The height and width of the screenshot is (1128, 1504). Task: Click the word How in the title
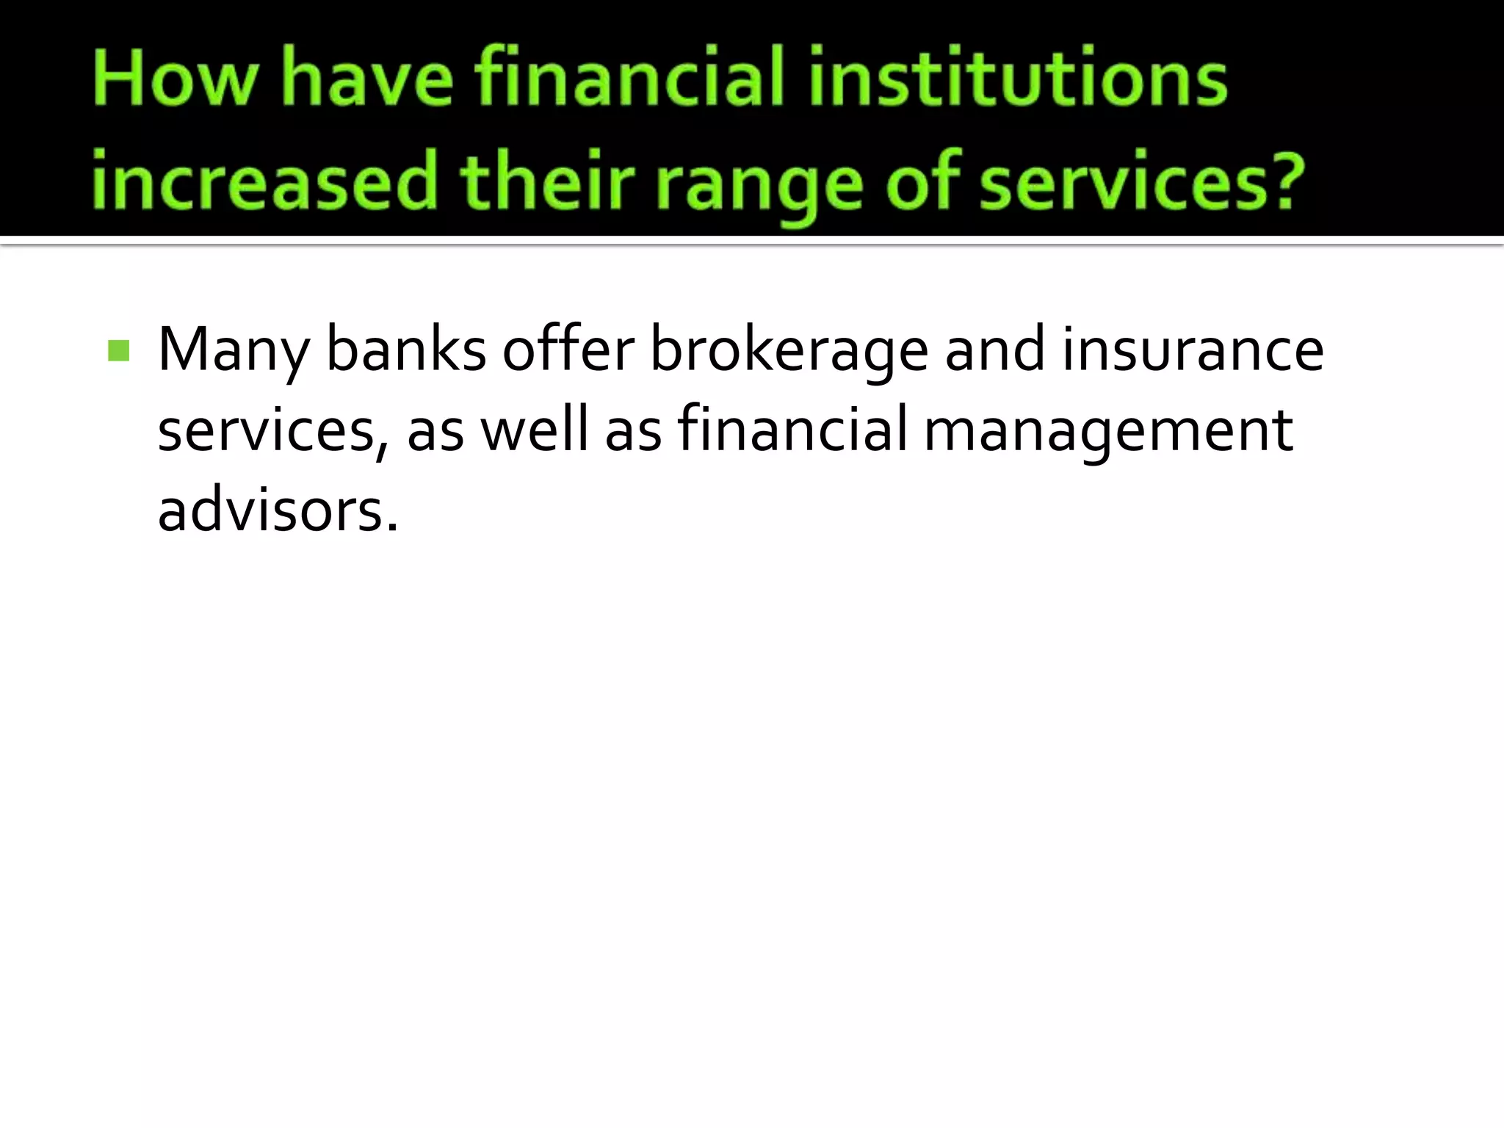[x=176, y=79]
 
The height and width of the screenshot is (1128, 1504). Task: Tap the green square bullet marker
[x=118, y=351]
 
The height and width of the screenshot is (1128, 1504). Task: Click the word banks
[x=406, y=350]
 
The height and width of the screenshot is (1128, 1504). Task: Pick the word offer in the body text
[x=568, y=350]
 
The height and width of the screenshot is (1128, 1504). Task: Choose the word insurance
[x=1193, y=350]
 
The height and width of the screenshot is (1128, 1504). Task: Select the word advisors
[x=270, y=510]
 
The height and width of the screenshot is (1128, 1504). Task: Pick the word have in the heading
[x=367, y=79]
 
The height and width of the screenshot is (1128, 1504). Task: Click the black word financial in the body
[x=792, y=430]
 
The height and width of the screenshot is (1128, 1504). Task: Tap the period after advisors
[x=392, y=527]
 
